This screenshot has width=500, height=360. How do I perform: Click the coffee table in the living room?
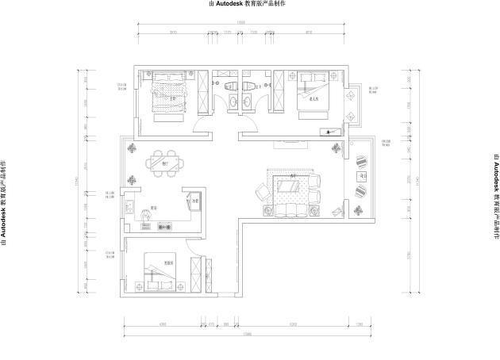[x=290, y=187]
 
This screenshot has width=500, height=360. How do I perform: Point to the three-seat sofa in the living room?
[x=291, y=210]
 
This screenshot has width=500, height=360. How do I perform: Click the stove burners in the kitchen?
[x=166, y=225]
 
